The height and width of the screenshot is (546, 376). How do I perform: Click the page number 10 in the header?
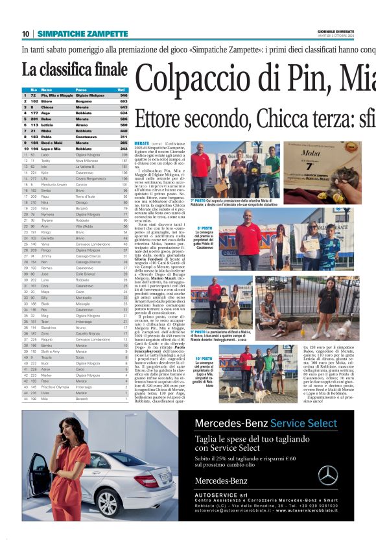(25, 34)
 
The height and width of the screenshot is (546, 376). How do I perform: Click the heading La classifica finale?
(75, 69)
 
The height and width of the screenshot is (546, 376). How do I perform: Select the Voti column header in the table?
(121, 89)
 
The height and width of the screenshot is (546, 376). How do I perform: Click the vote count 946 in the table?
(123, 95)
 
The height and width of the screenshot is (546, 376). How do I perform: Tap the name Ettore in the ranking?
(47, 101)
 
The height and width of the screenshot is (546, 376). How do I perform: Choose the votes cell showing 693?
(123, 101)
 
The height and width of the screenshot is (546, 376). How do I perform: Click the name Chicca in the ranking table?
(47, 107)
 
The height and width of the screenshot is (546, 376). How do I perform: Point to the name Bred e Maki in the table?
(51, 143)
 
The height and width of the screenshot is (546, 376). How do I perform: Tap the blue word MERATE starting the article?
(141, 142)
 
